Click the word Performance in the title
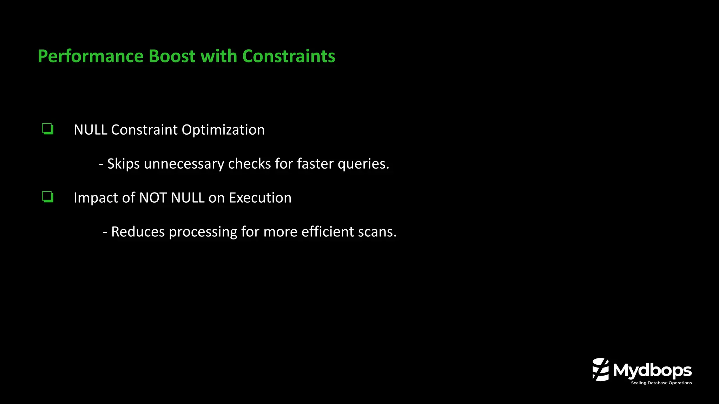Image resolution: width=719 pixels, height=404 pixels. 91,56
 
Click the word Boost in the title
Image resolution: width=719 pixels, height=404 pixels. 172,56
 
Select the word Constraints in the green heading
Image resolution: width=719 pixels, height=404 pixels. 289,56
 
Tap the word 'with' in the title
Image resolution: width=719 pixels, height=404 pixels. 218,56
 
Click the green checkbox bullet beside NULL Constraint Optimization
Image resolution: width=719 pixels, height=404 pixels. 48,129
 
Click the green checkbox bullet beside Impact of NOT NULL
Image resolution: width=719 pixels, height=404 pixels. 48,197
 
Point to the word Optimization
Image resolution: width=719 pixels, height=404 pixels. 223,130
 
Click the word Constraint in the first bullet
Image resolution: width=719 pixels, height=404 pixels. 144,130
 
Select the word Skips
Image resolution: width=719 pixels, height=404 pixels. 123,164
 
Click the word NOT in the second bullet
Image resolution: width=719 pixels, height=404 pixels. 153,198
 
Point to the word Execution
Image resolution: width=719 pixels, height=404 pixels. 260,198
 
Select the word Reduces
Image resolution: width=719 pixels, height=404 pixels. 138,232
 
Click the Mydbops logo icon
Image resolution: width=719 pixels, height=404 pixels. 600,370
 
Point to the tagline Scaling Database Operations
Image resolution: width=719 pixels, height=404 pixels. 661,383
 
